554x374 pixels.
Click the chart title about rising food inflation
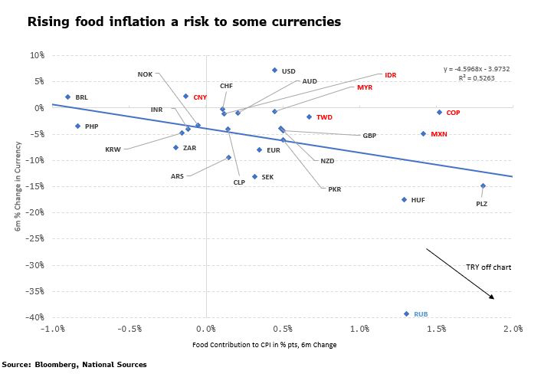click(184, 21)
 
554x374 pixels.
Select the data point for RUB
click(406, 313)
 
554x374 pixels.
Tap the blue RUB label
click(421, 314)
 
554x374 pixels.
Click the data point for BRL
click(67, 97)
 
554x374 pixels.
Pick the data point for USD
click(274, 71)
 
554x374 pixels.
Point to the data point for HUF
click(404, 199)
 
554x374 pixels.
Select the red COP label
click(453, 113)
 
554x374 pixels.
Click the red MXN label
click(438, 134)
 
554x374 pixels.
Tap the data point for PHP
click(77, 126)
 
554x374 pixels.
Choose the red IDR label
click(390, 75)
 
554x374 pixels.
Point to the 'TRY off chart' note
click(488, 267)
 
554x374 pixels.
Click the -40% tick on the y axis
click(36, 317)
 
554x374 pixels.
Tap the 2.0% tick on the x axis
click(513, 329)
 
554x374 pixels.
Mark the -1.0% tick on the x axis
click(52, 329)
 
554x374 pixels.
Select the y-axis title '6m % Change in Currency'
click(16, 185)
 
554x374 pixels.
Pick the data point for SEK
click(254, 176)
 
